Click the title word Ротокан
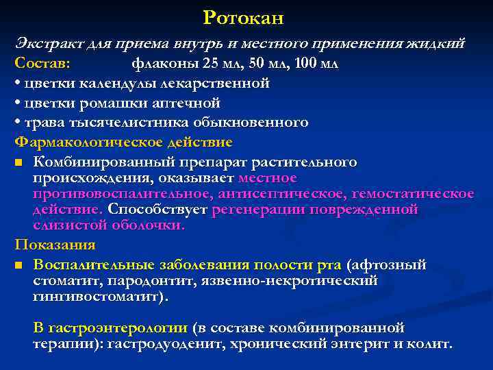pyautogui.click(x=243, y=16)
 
